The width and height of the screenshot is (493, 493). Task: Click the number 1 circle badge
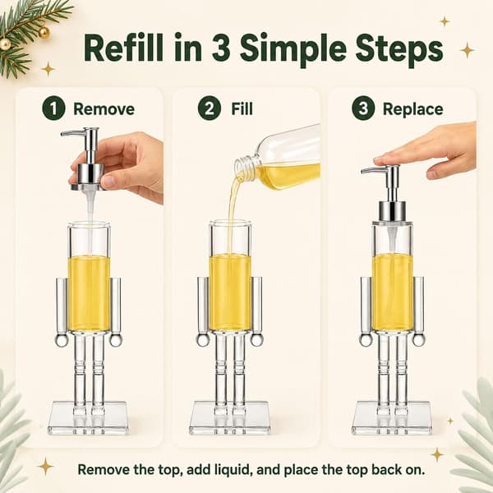pos(53,108)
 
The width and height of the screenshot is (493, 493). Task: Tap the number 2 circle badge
pos(210,108)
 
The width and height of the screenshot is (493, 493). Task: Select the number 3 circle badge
pos(363,108)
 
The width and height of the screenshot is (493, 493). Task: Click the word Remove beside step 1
pos(104,109)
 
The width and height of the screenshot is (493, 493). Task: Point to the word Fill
pos(242,108)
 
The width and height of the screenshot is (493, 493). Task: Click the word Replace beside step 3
pos(412,109)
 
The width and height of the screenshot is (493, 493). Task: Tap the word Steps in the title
pos(399,49)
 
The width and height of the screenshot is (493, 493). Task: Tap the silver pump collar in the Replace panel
pos(391,212)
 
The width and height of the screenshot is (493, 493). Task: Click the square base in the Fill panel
pos(230,418)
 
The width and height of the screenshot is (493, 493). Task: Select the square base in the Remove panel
pos(88,418)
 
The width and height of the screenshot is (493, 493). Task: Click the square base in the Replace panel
pos(392,418)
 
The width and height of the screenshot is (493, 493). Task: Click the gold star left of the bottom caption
pos(46,466)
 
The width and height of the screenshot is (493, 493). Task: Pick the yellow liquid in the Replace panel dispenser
pos(392,292)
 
